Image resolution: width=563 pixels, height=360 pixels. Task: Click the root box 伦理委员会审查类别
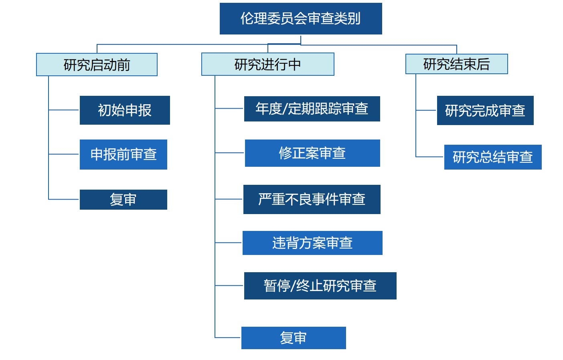(301, 18)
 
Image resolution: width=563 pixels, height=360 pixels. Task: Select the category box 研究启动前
(97, 65)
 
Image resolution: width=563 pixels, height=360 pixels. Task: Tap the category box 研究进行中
(268, 64)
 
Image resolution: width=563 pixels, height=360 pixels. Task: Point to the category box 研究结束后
(456, 64)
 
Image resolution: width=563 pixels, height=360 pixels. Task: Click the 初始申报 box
(125, 110)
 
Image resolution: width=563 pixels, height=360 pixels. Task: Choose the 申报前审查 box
(124, 154)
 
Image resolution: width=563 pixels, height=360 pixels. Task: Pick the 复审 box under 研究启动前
(124, 200)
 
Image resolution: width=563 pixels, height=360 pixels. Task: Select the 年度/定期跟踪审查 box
(312, 109)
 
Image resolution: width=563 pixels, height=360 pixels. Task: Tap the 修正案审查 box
(312, 153)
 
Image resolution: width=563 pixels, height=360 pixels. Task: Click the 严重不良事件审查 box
(312, 200)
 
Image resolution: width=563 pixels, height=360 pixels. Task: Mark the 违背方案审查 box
(312, 243)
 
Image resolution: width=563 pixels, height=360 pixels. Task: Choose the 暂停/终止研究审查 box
(320, 286)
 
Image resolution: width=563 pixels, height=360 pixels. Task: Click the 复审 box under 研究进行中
(294, 338)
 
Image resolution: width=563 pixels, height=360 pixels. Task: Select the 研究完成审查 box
(485, 110)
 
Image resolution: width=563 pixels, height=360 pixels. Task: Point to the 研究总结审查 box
(492, 157)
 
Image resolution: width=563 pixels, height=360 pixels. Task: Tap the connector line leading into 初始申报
(64, 110)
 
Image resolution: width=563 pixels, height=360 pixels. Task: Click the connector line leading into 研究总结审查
(429, 157)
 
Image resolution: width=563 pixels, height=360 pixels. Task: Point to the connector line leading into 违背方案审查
(228, 243)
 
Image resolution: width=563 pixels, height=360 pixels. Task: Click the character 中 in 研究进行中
(294, 64)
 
